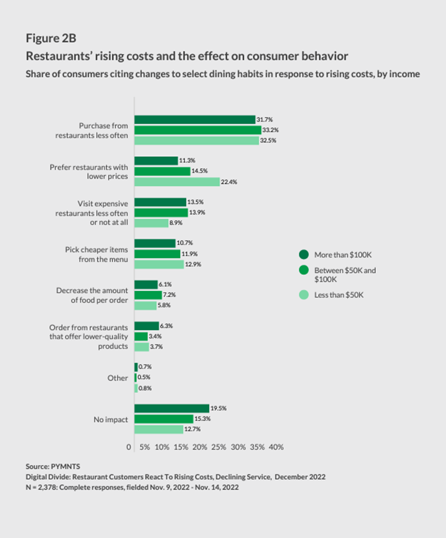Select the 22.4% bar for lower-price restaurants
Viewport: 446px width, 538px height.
[177, 182]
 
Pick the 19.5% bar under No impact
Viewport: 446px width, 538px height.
[172, 408]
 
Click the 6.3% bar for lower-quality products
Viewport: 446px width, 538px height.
[147, 325]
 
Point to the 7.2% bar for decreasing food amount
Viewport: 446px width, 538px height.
[148, 295]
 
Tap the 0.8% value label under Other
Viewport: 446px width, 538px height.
[146, 388]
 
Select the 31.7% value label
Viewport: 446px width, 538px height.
[264, 119]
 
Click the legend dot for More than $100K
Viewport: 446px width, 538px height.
[303, 254]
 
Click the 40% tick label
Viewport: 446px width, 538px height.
[276, 447]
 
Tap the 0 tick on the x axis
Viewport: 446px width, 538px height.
[129, 447]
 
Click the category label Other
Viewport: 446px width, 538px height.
[118, 378]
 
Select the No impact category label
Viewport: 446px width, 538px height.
[110, 419]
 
